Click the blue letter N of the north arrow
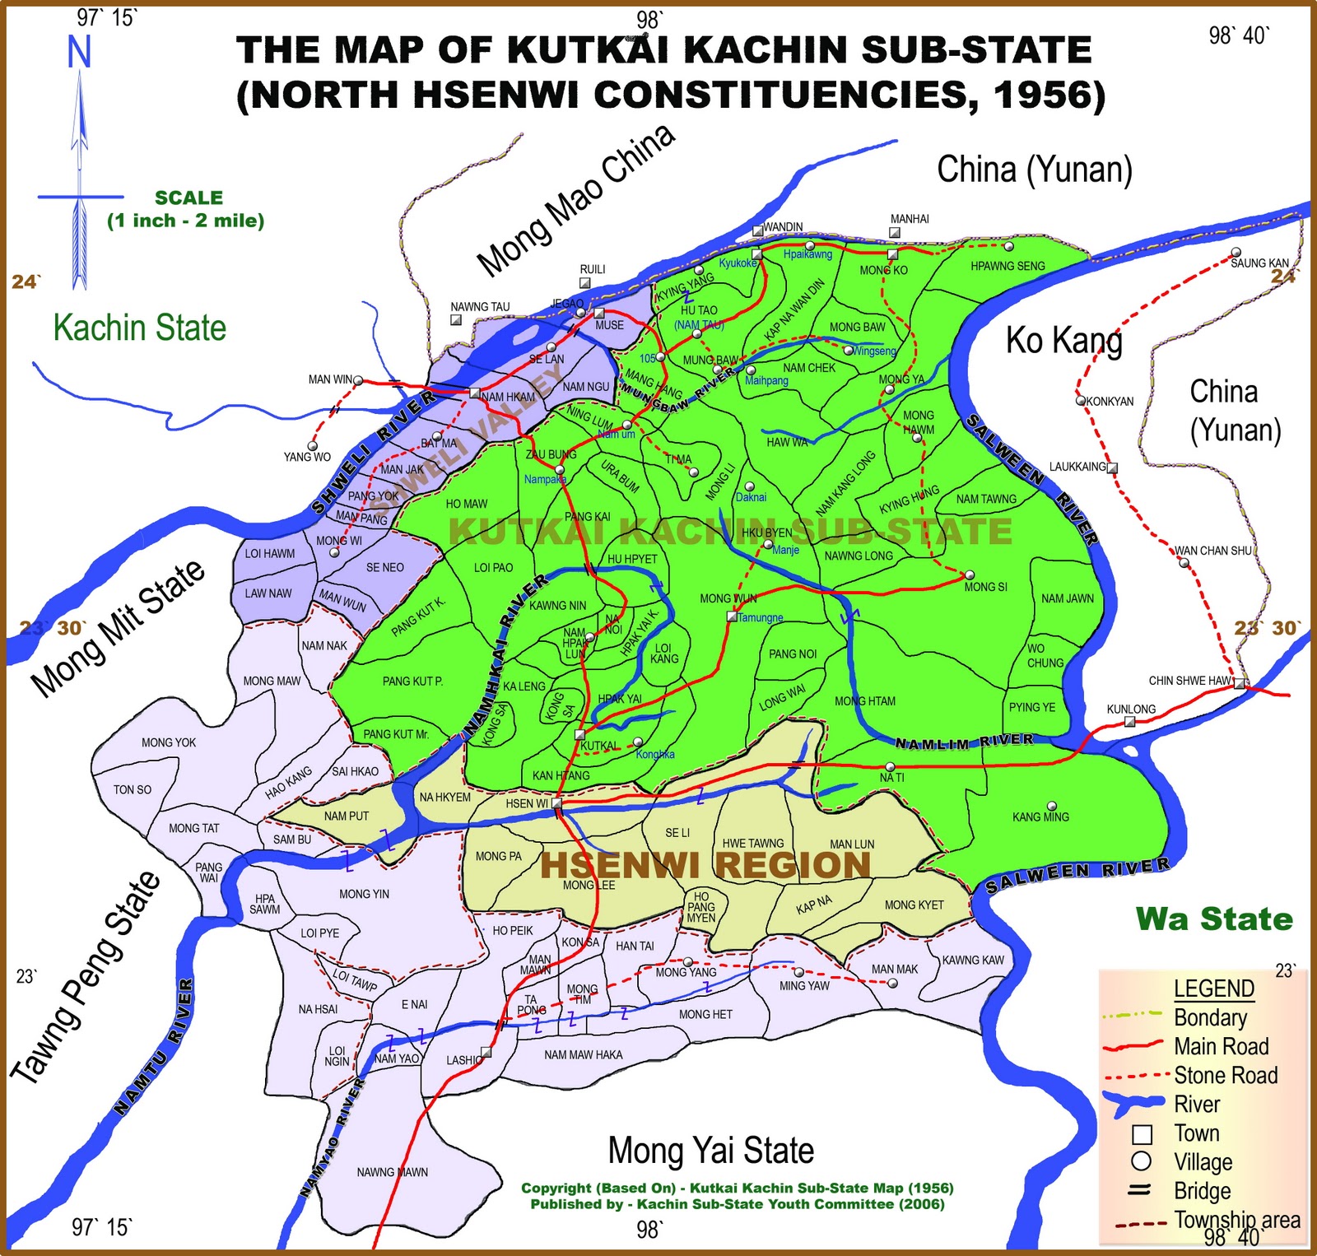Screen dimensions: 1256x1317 [79, 53]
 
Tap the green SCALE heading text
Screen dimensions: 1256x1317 [188, 198]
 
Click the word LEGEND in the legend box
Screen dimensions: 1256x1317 [1213, 989]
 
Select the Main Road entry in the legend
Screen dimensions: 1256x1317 [1221, 1047]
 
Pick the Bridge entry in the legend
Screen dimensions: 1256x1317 [1202, 1191]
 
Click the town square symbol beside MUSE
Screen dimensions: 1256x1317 [599, 314]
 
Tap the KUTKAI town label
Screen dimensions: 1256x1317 [599, 746]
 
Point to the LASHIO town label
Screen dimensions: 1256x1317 [463, 1060]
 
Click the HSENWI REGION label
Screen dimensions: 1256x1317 [705, 865]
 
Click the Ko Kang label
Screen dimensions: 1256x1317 [1063, 340]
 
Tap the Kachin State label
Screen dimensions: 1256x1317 [140, 328]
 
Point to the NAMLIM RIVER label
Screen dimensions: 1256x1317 [964, 742]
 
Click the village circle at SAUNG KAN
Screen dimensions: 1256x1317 [1236, 253]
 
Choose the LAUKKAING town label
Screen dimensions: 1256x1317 [1077, 467]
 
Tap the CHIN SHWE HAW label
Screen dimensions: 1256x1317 [1190, 681]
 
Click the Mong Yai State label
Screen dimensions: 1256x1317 [710, 1151]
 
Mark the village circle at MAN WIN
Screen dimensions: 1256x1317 [358, 379]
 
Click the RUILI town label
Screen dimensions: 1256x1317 [593, 269]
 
